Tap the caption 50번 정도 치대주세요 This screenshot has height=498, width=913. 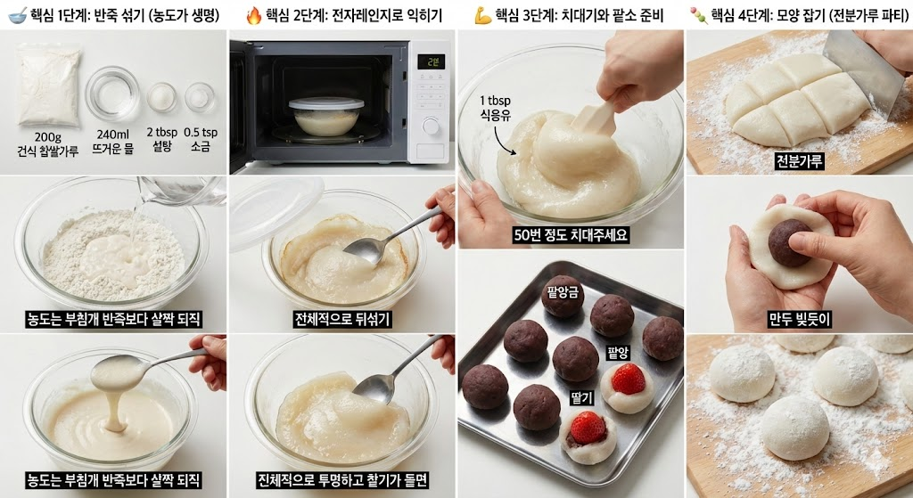pos(571,236)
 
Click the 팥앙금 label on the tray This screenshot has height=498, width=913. pos(563,290)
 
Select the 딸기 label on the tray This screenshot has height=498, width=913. pos(582,397)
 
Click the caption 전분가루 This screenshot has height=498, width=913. pos(799,161)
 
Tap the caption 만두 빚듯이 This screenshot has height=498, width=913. pos(800,318)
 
